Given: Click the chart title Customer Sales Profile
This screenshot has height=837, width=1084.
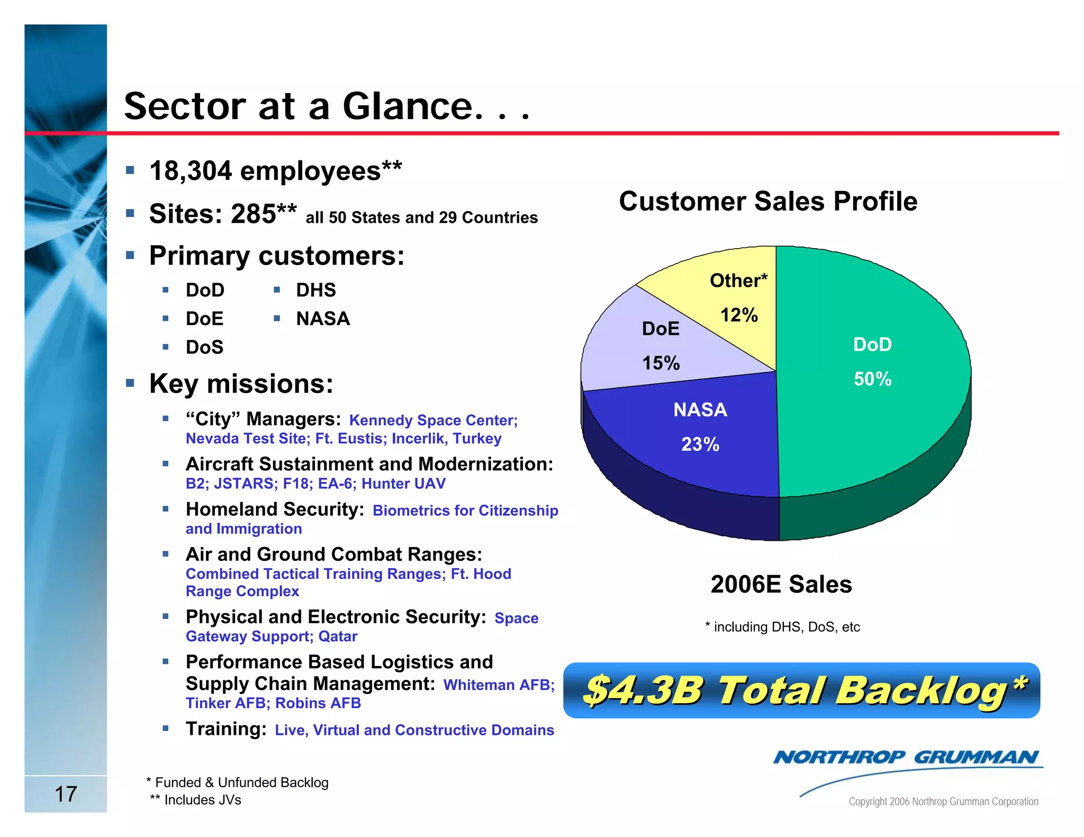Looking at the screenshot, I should pos(767,202).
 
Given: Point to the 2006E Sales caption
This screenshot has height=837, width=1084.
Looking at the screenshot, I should pos(781,585).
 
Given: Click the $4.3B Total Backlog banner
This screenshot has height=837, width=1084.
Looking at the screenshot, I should pos(801,690).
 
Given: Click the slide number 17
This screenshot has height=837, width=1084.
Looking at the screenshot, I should pos(66,794).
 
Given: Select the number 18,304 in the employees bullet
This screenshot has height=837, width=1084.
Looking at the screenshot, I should pos(191,171).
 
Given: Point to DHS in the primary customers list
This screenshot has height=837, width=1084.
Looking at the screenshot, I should pos(316,290).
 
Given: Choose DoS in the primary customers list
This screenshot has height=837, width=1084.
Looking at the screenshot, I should pos(204,348).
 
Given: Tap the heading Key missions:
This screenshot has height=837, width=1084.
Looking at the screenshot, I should pos(241,384).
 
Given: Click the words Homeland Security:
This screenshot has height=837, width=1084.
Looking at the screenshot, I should pos(275,510).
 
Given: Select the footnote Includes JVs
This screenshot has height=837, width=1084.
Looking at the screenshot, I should pos(202,800).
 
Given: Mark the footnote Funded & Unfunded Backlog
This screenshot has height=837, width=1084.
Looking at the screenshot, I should pos(241,783).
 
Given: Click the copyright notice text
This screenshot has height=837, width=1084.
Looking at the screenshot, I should pos(943,802).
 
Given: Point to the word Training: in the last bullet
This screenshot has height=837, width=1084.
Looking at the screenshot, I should pos(226,729).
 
